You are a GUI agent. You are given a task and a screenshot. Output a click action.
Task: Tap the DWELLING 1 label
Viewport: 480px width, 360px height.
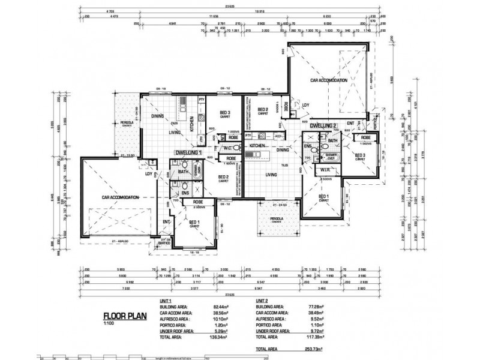(187, 152)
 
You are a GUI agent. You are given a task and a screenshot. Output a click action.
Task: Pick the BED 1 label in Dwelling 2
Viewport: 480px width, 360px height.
(324, 197)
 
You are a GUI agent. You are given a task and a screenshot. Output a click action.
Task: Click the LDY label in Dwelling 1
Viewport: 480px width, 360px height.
(148, 174)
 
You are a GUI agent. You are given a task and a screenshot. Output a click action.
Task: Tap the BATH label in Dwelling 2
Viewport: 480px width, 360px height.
(333, 141)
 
